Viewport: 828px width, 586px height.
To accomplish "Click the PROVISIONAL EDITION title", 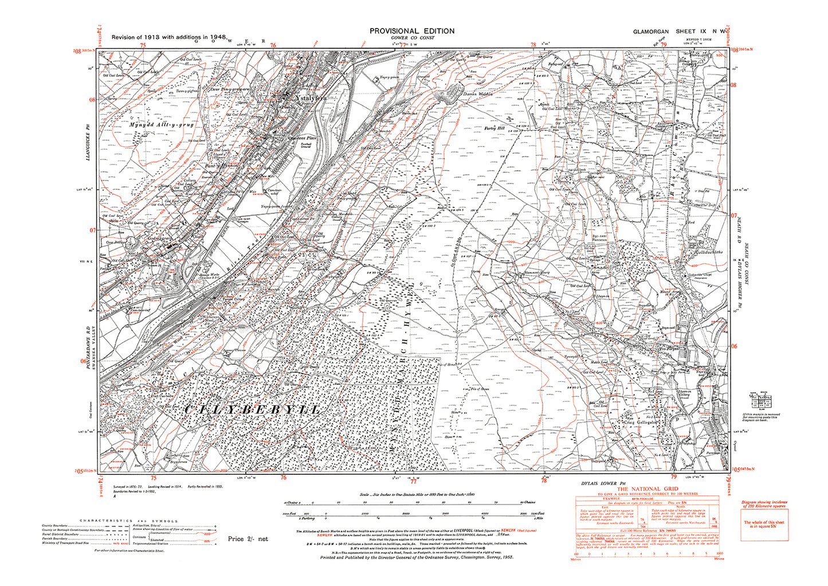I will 411,31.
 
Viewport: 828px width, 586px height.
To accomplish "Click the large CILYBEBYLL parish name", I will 252,409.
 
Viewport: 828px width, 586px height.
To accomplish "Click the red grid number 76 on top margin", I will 273,45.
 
